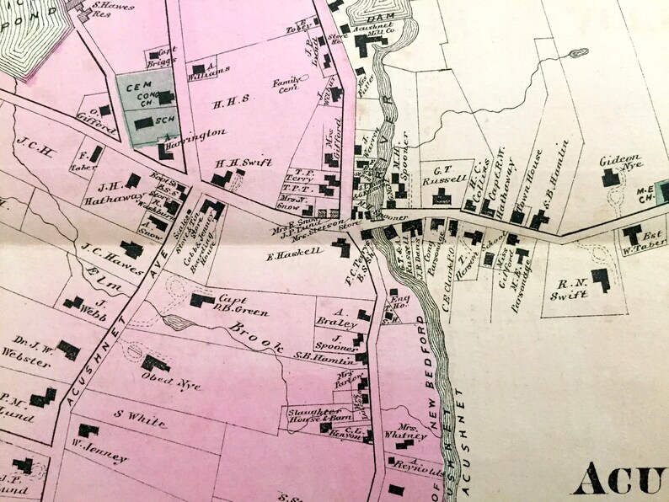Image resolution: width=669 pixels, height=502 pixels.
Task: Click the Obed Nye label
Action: [173, 382]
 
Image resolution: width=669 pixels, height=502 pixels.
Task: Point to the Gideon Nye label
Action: [620, 161]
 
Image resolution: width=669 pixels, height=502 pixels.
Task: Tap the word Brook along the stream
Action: [252, 334]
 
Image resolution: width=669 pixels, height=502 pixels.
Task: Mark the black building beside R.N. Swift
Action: [601, 279]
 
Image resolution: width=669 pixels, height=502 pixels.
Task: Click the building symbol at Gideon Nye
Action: [607, 178]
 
